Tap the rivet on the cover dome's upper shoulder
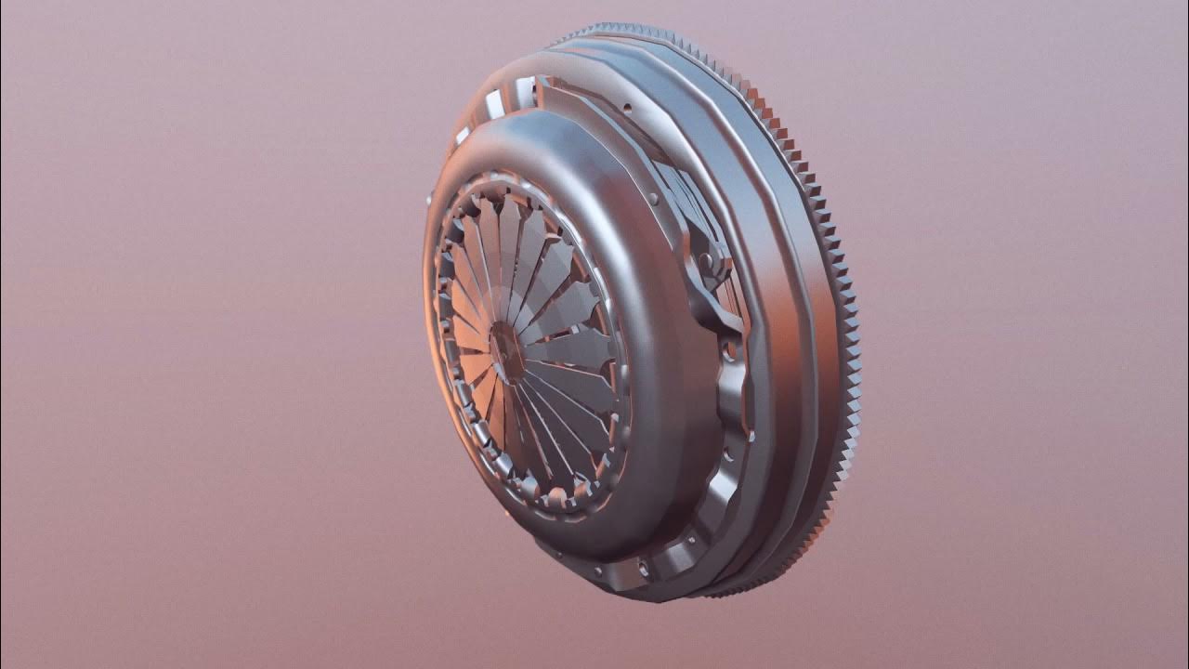[x=655, y=197]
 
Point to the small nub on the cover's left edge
[x=428, y=199]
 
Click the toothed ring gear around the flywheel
[x=841, y=279]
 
